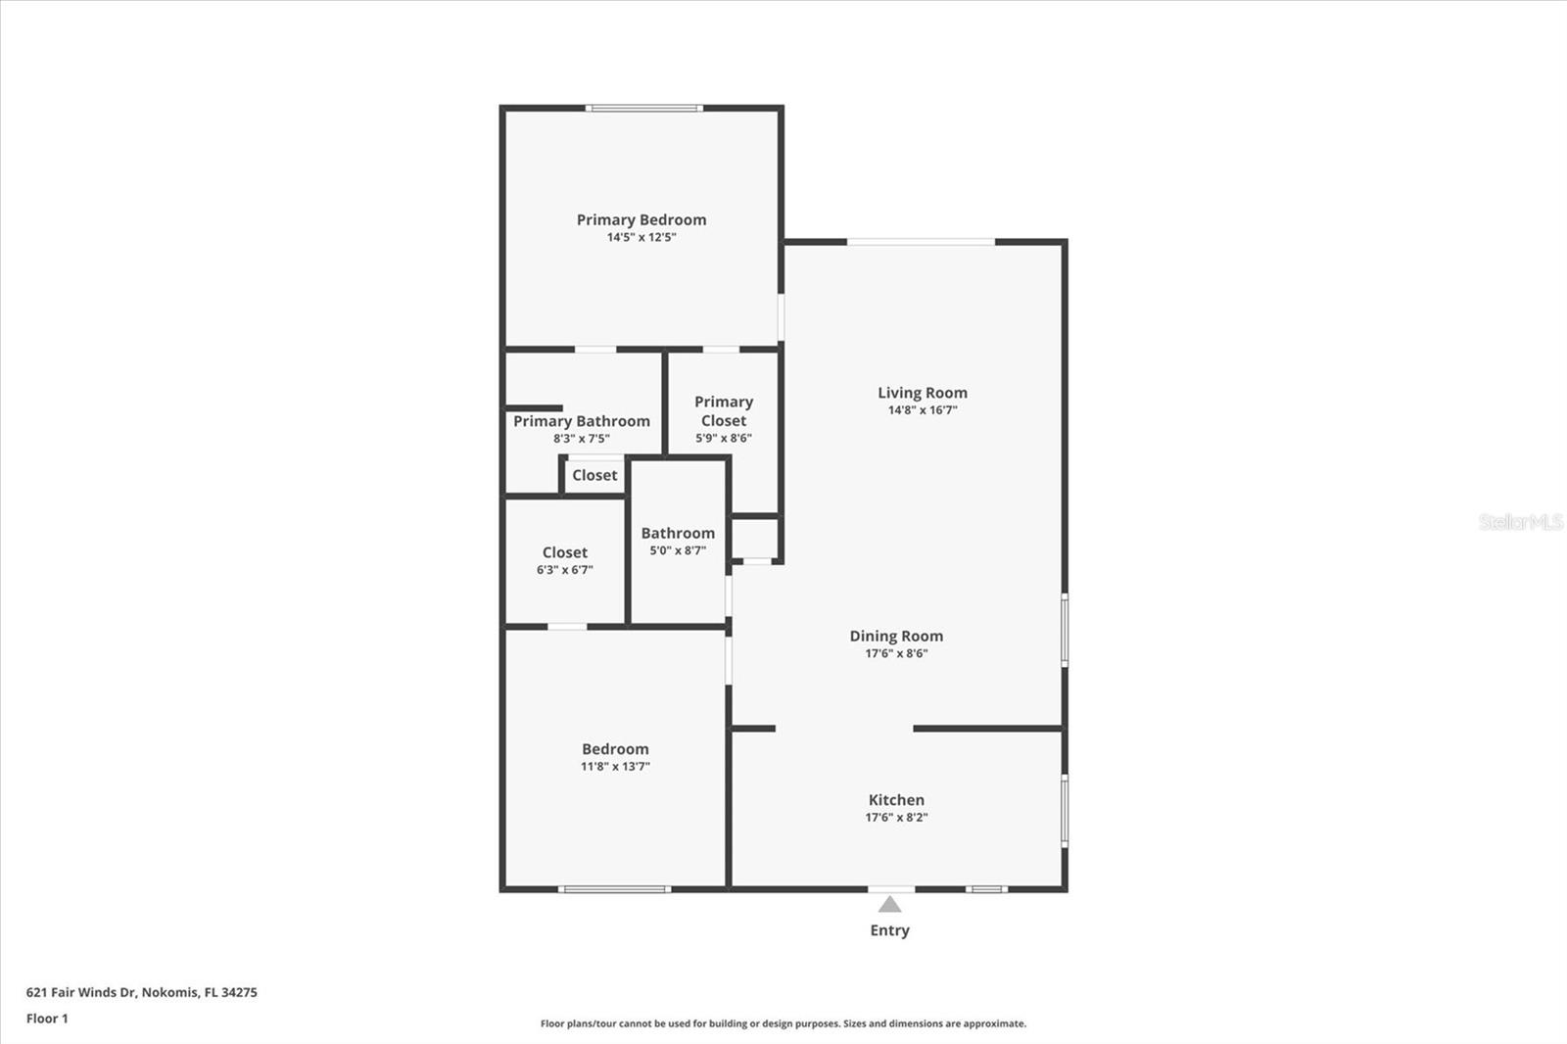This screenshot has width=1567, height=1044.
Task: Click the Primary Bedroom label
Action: tap(641, 220)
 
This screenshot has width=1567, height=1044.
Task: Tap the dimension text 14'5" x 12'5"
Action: tap(641, 237)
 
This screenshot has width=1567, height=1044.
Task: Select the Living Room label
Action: tap(922, 393)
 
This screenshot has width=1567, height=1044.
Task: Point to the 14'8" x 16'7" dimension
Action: tap(922, 410)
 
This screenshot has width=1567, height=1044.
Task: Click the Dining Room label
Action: tap(896, 636)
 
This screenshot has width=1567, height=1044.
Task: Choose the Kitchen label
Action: tap(896, 800)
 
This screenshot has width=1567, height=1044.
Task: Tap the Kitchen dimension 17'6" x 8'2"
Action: tap(896, 817)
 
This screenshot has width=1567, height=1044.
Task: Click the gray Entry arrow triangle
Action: tap(889, 904)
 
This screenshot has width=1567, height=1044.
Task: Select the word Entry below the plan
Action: tap(889, 930)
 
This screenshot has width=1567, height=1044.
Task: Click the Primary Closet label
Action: tap(724, 411)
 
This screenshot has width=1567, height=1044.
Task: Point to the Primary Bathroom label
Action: tap(582, 421)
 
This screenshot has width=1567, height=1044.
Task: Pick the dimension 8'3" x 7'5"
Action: tap(582, 439)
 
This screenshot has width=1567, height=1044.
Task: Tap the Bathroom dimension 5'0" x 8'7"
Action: tap(678, 550)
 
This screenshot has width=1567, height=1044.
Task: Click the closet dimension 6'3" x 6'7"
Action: tap(565, 570)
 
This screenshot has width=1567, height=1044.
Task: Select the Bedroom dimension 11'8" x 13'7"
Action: tap(615, 767)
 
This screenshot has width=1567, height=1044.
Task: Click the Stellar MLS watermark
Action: tap(1520, 522)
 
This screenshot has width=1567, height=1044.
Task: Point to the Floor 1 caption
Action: tap(47, 1019)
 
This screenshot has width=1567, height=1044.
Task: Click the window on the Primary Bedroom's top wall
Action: tap(643, 108)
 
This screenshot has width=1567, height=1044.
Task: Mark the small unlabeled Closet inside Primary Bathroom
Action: tap(594, 475)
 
